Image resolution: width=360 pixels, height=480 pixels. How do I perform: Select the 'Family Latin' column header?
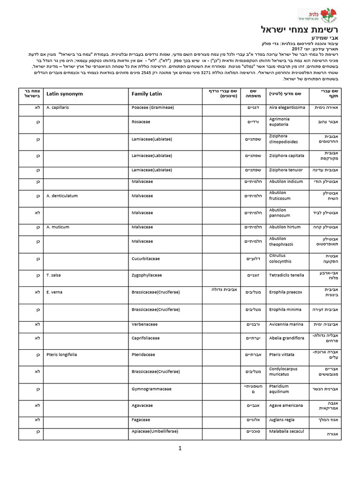(x=147, y=94)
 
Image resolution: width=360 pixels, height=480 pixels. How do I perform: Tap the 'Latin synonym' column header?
(x=65, y=94)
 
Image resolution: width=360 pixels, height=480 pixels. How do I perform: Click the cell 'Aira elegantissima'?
(x=287, y=107)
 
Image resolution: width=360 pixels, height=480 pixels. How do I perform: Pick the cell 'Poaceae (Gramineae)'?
(x=152, y=107)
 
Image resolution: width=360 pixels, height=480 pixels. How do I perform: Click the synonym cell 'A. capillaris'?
(x=58, y=107)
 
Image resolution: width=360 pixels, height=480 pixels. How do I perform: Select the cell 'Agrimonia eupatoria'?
(x=279, y=122)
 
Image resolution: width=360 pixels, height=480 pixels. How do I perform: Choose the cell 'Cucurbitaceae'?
(x=146, y=258)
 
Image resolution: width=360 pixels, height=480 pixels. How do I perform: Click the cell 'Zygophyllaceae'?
(x=147, y=275)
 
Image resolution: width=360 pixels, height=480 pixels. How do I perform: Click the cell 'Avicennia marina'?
(x=285, y=324)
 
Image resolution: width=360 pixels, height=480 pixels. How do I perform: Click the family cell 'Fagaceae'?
(x=140, y=420)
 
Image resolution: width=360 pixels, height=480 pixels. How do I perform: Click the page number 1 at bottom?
(x=180, y=448)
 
